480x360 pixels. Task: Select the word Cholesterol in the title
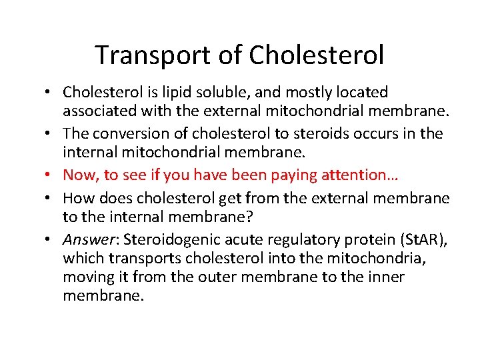click(317, 55)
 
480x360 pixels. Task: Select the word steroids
click(295, 133)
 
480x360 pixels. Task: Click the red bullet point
click(51, 175)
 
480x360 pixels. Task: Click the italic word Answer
click(83, 240)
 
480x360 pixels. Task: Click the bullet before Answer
click(51, 240)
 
